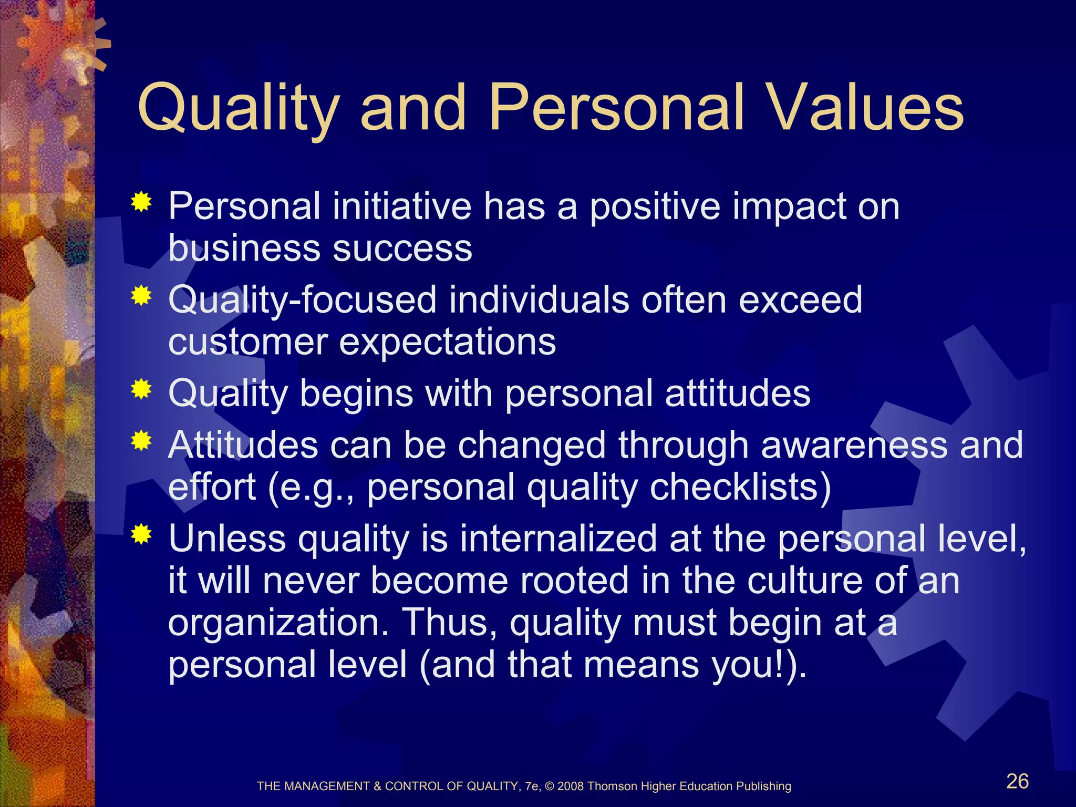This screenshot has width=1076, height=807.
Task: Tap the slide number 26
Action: click(x=1017, y=781)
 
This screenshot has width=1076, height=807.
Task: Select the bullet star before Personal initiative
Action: click(x=141, y=202)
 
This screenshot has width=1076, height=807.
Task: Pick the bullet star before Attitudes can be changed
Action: click(x=141, y=440)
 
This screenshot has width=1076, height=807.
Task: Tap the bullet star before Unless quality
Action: click(x=141, y=534)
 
